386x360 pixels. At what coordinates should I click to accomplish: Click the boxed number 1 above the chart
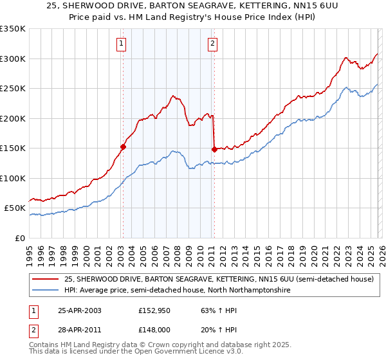pyautogui.click(x=122, y=44)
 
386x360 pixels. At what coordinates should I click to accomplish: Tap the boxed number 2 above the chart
pyautogui.click(x=212, y=44)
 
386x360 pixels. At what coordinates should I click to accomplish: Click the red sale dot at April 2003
pyautogui.click(x=123, y=147)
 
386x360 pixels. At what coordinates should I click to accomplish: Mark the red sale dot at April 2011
pyautogui.click(x=214, y=149)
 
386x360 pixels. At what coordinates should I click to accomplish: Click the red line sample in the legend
pyautogui.click(x=45, y=279)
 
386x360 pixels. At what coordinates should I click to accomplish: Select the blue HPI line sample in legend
pyautogui.click(x=45, y=291)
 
